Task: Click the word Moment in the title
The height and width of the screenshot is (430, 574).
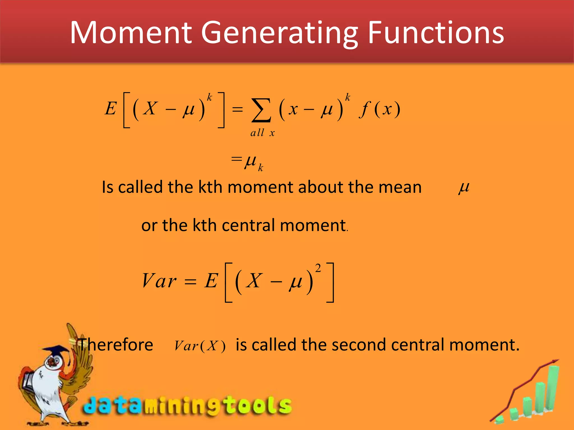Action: pyautogui.click(x=130, y=33)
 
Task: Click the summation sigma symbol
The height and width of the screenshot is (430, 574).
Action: pyautogui.click(x=261, y=110)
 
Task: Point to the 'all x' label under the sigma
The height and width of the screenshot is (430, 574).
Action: pyautogui.click(x=262, y=133)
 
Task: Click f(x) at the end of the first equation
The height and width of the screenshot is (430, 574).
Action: pyautogui.click(x=379, y=109)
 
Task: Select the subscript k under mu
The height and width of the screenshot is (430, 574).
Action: pyautogui.click(x=260, y=168)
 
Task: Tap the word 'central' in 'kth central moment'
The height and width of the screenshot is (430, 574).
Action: pyautogui.click(x=248, y=225)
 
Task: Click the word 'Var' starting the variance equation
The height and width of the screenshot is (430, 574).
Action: pyautogui.click(x=159, y=281)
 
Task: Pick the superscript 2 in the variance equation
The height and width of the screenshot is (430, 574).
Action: pyautogui.click(x=318, y=268)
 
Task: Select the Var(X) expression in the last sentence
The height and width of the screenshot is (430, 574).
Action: pyautogui.click(x=200, y=346)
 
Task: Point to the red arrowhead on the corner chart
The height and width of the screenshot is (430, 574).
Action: pyautogui.click(x=555, y=362)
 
